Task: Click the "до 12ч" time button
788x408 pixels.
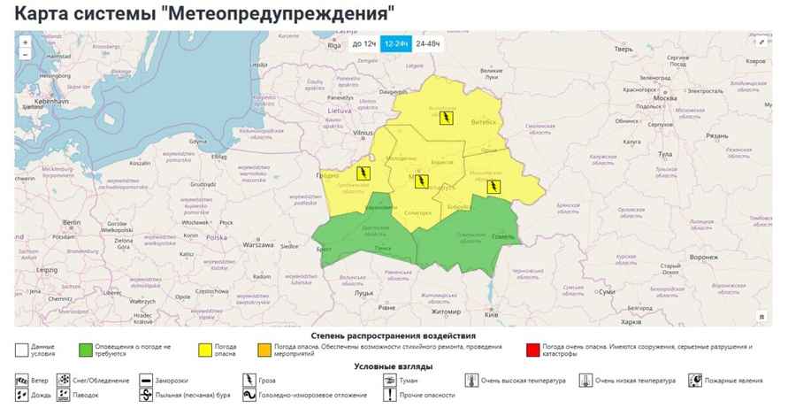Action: tap(364, 42)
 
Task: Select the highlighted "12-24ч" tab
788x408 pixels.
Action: tap(396, 42)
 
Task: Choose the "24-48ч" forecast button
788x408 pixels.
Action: tap(428, 42)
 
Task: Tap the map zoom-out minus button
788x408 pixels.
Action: tap(25, 55)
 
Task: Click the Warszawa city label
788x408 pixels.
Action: tap(258, 244)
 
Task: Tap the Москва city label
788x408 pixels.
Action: tap(664, 97)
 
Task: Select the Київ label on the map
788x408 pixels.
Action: tap(493, 315)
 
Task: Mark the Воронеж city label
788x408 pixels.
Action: tap(704, 257)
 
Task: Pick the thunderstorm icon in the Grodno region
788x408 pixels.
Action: tap(362, 173)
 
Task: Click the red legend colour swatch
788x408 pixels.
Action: tap(532, 350)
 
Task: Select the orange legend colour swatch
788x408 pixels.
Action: tap(264, 350)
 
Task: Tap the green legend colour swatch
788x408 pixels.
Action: tap(85, 350)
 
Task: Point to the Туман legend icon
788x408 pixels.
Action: tap(388, 381)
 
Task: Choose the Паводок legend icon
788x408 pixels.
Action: tap(65, 395)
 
